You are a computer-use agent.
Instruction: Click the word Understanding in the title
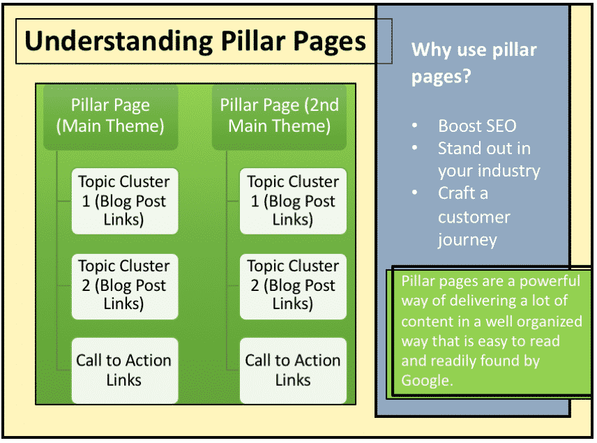click(x=119, y=42)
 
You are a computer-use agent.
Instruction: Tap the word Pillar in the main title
click(x=253, y=40)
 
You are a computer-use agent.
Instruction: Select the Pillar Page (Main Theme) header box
click(x=110, y=117)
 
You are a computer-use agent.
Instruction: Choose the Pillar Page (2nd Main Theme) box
click(x=279, y=117)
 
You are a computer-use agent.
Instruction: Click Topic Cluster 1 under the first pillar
click(x=125, y=201)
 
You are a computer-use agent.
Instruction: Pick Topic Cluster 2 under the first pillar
click(x=125, y=286)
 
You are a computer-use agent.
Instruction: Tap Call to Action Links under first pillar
click(x=125, y=370)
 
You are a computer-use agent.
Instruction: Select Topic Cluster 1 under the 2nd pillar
click(x=293, y=201)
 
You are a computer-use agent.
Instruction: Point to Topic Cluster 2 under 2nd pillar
click(x=293, y=286)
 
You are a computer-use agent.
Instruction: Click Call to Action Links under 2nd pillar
click(x=293, y=370)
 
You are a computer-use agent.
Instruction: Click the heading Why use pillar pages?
click(x=474, y=63)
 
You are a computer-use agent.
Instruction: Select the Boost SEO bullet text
click(x=477, y=126)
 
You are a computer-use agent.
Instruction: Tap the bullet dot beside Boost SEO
click(x=415, y=126)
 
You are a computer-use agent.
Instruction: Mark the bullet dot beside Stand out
click(x=415, y=148)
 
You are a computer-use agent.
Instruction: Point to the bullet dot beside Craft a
click(x=415, y=193)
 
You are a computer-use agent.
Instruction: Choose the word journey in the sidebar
click(x=467, y=241)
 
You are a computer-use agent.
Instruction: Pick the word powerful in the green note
click(x=550, y=281)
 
